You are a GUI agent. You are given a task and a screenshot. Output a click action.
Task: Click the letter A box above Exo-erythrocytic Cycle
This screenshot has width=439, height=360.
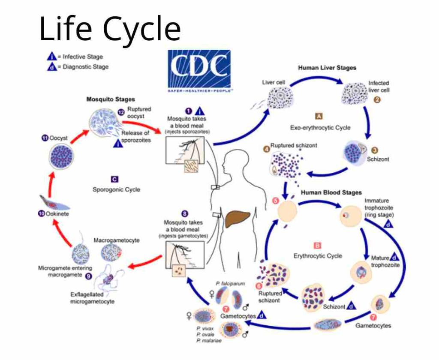[x=319, y=116]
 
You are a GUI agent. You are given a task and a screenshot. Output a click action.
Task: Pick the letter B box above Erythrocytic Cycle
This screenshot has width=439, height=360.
[x=317, y=246]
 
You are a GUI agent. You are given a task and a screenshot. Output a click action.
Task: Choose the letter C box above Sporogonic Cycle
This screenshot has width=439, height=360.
[x=114, y=179]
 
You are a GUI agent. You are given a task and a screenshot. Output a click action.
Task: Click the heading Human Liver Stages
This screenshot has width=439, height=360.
[x=327, y=68]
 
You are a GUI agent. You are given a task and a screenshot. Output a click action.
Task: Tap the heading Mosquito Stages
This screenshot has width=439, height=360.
[x=111, y=99]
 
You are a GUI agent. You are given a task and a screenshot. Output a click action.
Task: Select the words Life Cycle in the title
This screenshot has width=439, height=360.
[x=110, y=29]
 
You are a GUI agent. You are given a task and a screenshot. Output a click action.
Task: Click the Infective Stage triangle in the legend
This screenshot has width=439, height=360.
[x=51, y=56]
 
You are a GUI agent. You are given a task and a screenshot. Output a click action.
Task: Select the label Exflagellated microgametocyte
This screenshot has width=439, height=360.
[x=92, y=298]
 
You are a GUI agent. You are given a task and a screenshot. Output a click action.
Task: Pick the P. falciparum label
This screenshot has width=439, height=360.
[x=230, y=284]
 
